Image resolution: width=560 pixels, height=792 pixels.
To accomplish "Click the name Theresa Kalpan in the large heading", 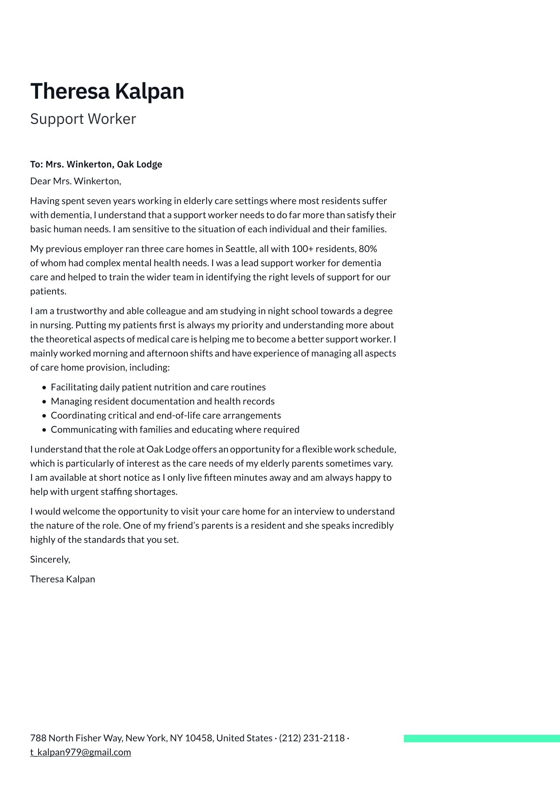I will click(x=107, y=91).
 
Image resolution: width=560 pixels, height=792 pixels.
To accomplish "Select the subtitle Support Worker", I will click(x=83, y=119).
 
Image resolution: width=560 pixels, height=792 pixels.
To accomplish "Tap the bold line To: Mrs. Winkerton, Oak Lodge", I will click(x=96, y=165).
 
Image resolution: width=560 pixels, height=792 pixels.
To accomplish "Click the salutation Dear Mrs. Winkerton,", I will click(x=75, y=181).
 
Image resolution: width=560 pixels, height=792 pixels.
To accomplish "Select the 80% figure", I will click(x=367, y=249).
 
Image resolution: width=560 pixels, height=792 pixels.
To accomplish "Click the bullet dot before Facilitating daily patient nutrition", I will click(x=44, y=388).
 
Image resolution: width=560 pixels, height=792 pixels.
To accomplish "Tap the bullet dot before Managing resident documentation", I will click(x=44, y=402).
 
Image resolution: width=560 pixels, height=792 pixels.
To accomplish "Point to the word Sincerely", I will click(x=49, y=559).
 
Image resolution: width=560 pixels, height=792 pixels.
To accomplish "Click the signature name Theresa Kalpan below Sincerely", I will click(x=63, y=579).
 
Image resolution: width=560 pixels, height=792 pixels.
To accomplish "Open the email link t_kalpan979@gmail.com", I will click(x=80, y=752).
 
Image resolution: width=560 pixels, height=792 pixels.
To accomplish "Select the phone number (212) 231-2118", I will click(x=312, y=738).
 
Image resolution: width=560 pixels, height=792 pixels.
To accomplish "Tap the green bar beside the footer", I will click(x=481, y=738).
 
